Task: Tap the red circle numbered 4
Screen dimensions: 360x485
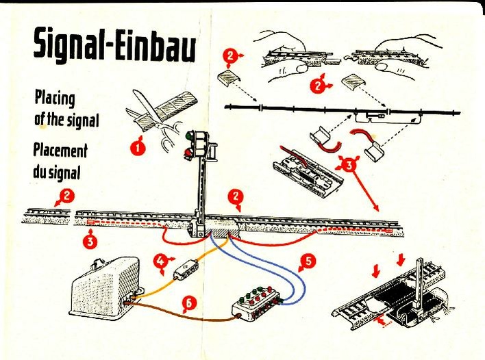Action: (x=160, y=261)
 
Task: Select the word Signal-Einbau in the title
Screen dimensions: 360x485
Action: (x=114, y=46)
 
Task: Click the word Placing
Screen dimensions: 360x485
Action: (x=54, y=98)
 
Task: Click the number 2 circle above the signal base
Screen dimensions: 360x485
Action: (x=236, y=199)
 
